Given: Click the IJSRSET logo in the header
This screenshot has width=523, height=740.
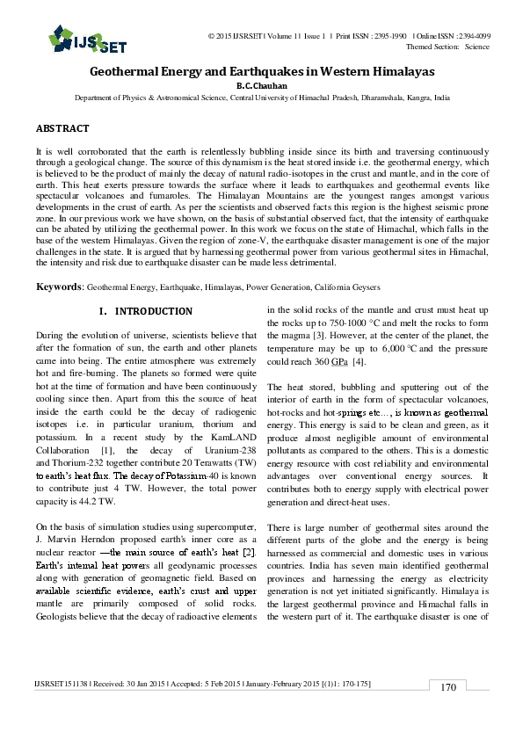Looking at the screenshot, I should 76,37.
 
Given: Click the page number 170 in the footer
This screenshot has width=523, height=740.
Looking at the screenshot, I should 448,687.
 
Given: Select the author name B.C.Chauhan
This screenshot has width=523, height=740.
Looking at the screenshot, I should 261,86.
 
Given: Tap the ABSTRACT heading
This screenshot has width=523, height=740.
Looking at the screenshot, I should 62,128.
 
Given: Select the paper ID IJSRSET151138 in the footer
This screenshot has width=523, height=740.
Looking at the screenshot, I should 62,683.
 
